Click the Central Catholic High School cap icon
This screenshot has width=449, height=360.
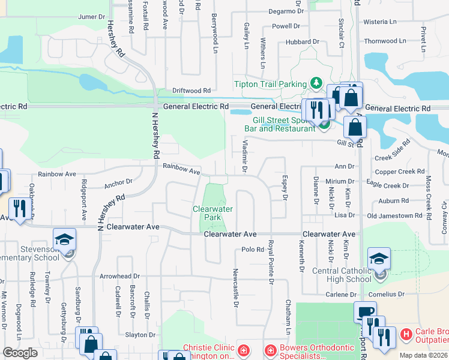point(379,259)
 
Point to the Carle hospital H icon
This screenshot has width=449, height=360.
point(406,334)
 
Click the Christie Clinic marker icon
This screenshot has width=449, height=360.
point(243,349)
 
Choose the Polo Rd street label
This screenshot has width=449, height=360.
point(253,249)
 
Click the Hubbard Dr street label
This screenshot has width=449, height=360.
point(303,41)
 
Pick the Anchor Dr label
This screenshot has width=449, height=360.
point(118,181)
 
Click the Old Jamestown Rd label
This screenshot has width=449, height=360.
point(395,215)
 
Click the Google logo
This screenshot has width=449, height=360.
point(20,353)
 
